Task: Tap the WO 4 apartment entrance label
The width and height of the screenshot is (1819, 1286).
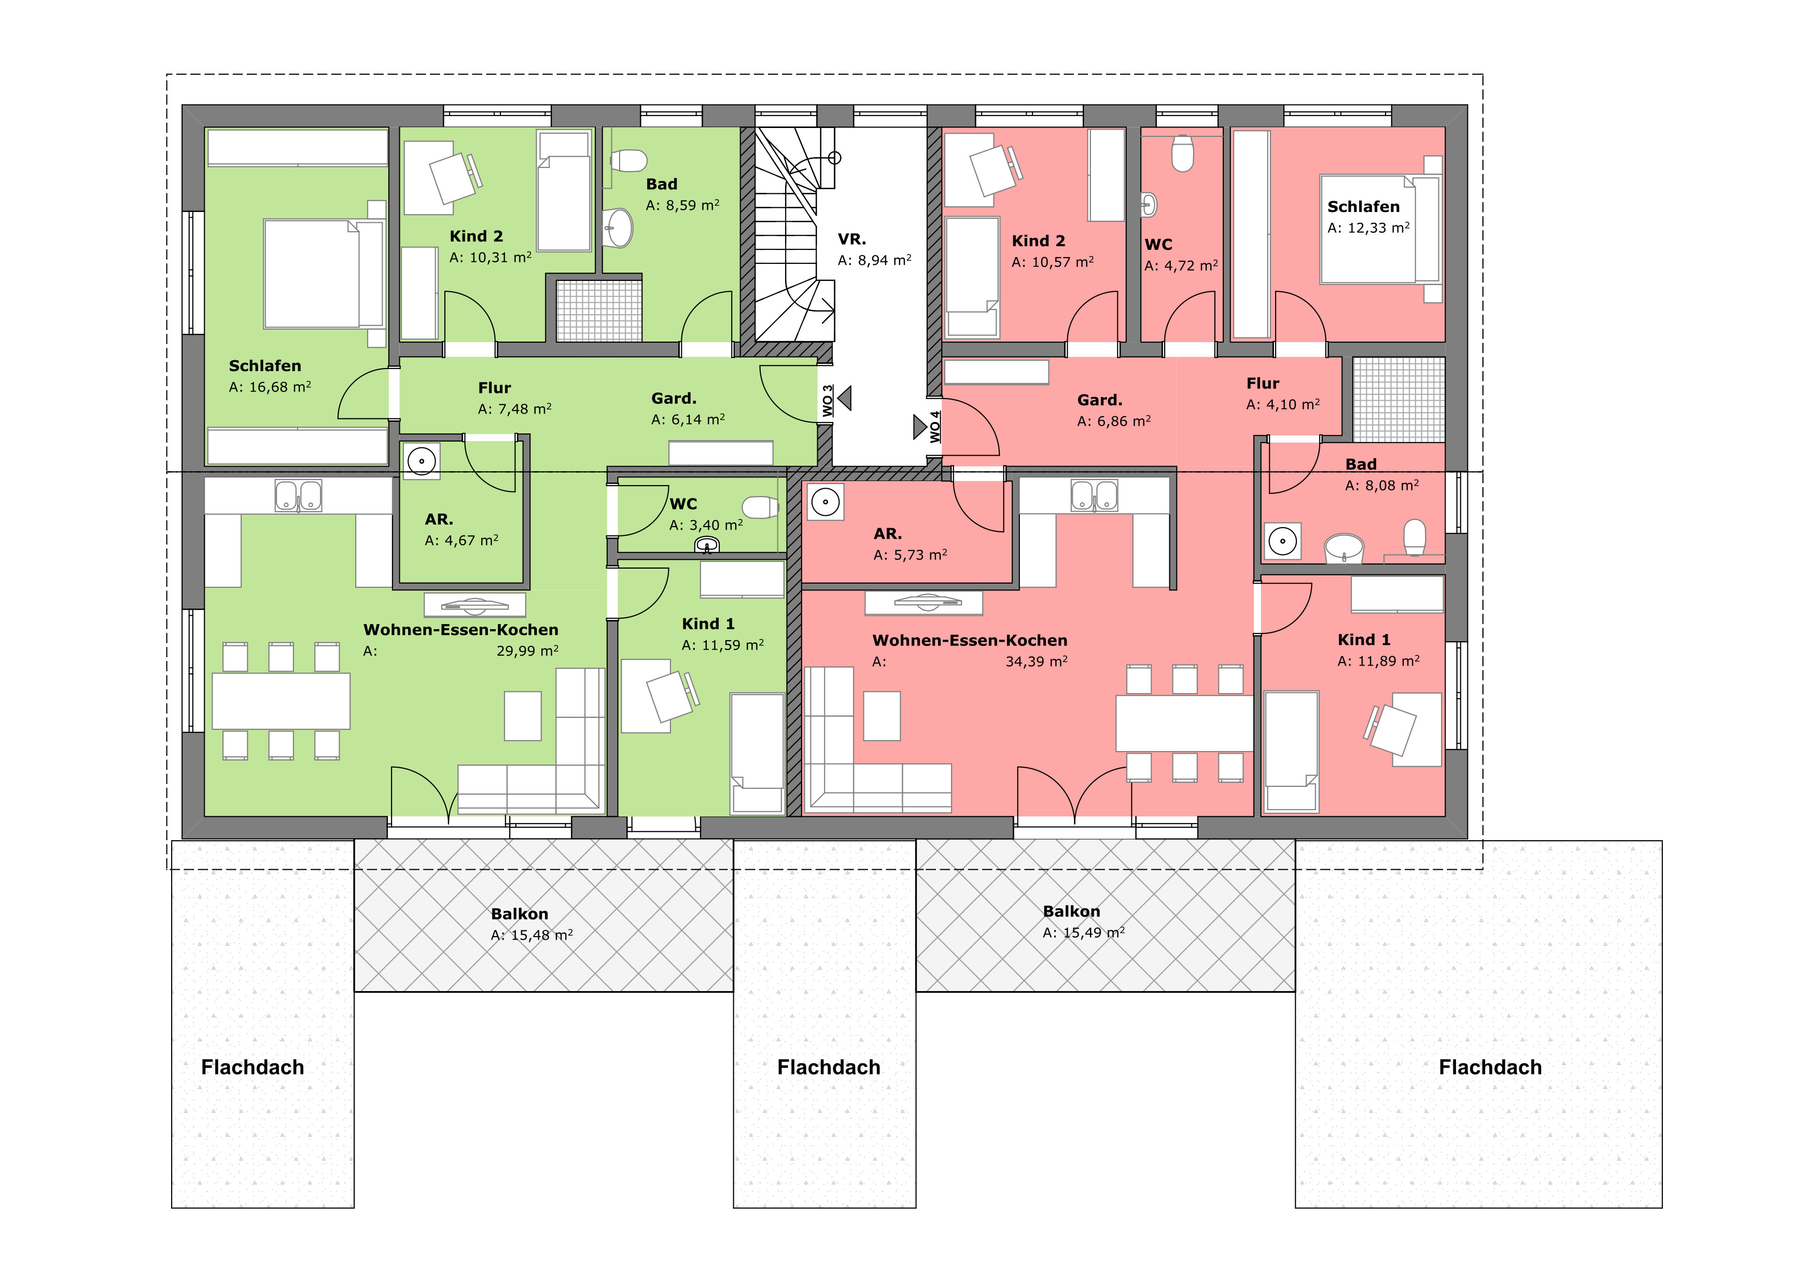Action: [935, 427]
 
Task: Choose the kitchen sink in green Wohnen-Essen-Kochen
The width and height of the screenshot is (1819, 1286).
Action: [299, 496]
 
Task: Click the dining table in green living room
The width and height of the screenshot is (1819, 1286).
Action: [281, 701]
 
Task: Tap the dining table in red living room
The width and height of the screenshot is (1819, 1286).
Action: [1184, 723]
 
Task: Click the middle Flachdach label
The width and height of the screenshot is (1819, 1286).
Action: [829, 1067]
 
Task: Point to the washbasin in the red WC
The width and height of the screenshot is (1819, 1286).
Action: [1149, 205]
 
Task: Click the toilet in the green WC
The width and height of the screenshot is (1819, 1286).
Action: [761, 507]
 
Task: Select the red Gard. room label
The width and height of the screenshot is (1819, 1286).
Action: [1100, 400]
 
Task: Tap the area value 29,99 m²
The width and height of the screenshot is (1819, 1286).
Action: [528, 651]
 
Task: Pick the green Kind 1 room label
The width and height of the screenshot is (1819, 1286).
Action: [708, 624]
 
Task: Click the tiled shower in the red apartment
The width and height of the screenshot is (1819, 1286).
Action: [1398, 400]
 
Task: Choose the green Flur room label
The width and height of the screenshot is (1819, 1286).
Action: [494, 388]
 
